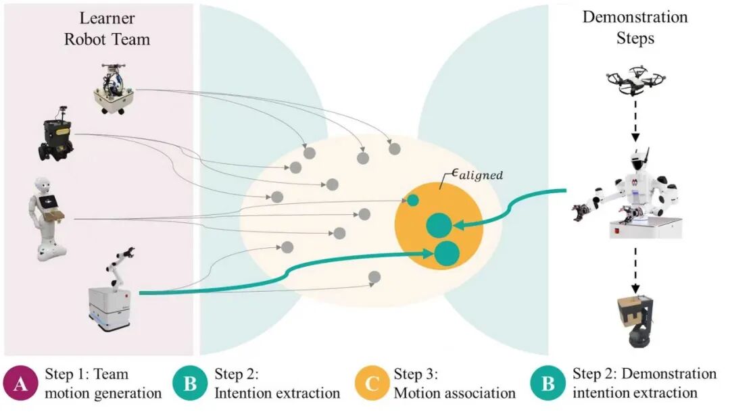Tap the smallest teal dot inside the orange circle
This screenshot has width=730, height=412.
coord(412,201)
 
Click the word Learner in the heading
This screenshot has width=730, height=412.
coord(107,18)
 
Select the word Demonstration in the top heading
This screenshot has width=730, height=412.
coord(635,18)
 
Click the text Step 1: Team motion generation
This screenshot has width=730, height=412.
coord(101,383)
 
